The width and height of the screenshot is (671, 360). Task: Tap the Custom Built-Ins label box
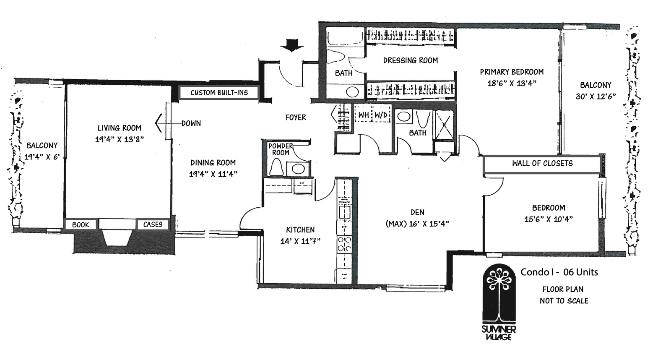click(218, 92)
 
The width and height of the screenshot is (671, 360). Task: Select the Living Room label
click(120, 128)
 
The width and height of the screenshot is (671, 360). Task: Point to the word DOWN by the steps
click(191, 123)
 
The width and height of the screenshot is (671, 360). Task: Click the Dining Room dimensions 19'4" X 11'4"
click(213, 174)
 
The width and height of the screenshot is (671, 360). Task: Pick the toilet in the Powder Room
click(276, 168)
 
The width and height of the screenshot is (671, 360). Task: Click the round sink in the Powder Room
click(298, 169)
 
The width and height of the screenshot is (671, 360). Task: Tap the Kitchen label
click(300, 230)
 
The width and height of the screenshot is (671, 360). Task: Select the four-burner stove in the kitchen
click(344, 244)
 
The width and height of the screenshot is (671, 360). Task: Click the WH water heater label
click(363, 115)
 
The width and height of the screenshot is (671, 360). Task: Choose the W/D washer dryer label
click(381, 115)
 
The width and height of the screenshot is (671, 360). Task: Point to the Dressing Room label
click(410, 60)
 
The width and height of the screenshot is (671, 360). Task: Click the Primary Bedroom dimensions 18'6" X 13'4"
click(512, 83)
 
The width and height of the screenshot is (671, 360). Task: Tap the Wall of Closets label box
click(542, 164)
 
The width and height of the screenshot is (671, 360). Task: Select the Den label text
click(417, 212)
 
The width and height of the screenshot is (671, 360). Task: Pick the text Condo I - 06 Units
click(559, 272)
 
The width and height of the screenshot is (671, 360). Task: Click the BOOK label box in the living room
click(81, 225)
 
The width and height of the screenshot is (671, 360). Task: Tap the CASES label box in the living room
click(153, 224)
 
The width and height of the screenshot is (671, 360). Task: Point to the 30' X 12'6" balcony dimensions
click(596, 96)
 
